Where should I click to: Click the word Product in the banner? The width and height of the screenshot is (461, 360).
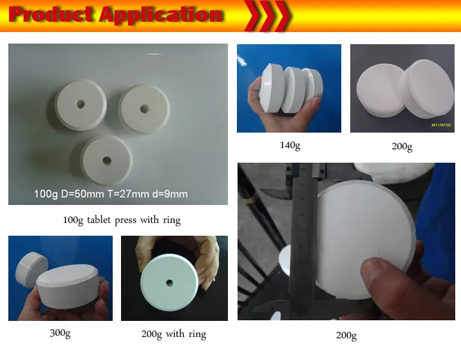coord(51,14)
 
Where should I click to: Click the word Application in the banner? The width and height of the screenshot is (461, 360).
coord(161,15)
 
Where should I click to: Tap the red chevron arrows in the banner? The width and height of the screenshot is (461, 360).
coord(266,15)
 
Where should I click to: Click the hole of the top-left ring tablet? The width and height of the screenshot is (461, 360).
coord(80,104)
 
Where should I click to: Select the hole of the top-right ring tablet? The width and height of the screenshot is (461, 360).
coord(144,109)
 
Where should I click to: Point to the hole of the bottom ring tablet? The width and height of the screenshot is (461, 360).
coord(107,161)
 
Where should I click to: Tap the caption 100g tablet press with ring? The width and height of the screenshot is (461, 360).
coord(122,220)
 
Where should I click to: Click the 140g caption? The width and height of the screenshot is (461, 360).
coord(290,145)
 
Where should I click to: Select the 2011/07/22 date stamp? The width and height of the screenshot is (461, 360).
coord(441,125)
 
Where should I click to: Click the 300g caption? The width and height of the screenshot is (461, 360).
coord(60,333)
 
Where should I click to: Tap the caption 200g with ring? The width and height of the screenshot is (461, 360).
coord(174,334)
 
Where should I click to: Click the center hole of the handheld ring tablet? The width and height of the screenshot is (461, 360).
coord(169,283)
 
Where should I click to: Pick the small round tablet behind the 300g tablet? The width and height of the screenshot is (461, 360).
coord(31,266)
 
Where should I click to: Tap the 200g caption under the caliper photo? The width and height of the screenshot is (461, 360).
coord(346,335)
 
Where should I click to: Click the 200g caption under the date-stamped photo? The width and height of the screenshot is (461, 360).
coord(402,146)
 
